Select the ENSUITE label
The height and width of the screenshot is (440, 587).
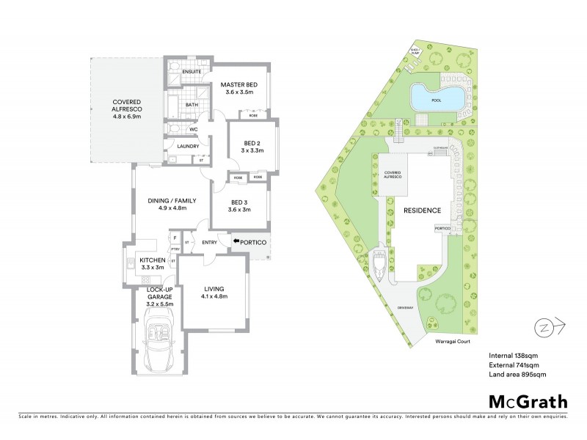tap(192, 71)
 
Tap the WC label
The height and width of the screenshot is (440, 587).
tap(194, 129)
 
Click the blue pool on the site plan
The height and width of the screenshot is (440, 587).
tap(437, 96)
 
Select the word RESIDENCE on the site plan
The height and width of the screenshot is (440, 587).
tap(422, 210)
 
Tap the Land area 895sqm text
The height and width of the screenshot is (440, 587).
tap(518, 375)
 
